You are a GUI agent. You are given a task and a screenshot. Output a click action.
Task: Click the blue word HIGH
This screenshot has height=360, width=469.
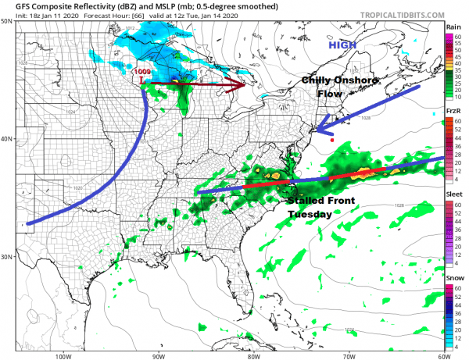pos(342,45)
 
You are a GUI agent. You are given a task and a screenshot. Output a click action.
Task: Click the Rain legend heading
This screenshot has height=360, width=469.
pos(452,27)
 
